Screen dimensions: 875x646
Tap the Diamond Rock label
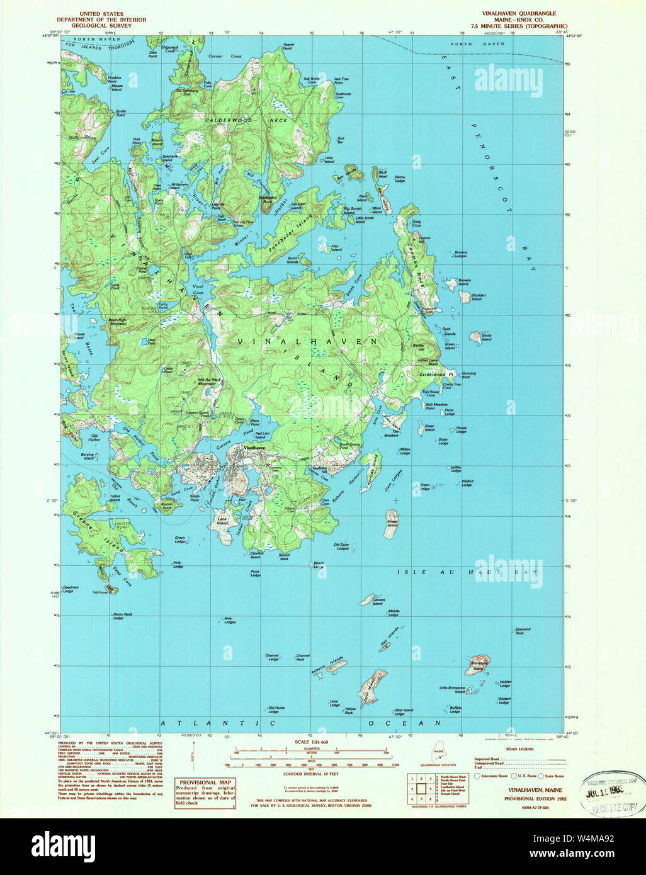pyautogui.click(x=523, y=631)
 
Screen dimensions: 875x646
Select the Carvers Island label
pyautogui.click(x=378, y=602)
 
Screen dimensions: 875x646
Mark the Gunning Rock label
pyautogui.click(x=468, y=375)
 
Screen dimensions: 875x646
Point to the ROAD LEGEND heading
pyautogui.click(x=520, y=749)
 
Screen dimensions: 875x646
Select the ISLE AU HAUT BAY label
pyautogui.click(x=468, y=572)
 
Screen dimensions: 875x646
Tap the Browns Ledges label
pyautogui.click(x=461, y=255)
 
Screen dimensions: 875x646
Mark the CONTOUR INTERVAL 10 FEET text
pyautogui.click(x=312, y=773)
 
